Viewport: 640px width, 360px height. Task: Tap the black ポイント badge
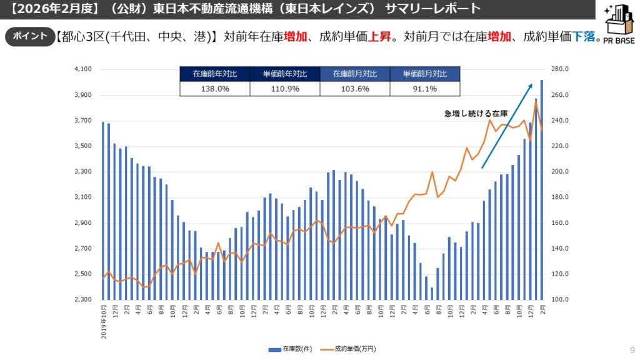pyautogui.click(x=29, y=36)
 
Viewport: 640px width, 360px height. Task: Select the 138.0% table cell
pyautogui.click(x=214, y=89)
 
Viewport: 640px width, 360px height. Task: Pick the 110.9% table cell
pyautogui.click(x=284, y=89)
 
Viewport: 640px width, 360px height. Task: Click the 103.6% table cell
pyautogui.click(x=354, y=89)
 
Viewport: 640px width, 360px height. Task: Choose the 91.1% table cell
pyautogui.click(x=424, y=89)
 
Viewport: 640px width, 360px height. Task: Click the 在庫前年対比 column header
pyautogui.click(x=214, y=74)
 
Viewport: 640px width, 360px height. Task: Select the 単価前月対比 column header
pyautogui.click(x=424, y=74)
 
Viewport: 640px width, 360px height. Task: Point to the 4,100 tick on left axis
pyautogui.click(x=82, y=69)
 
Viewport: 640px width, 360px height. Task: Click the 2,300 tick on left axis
pyautogui.click(x=82, y=300)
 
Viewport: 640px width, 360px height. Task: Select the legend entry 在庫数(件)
pyautogui.click(x=291, y=349)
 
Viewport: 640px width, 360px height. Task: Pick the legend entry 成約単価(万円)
pyautogui.click(x=348, y=349)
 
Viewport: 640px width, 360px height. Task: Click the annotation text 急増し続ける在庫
pyautogui.click(x=476, y=114)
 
